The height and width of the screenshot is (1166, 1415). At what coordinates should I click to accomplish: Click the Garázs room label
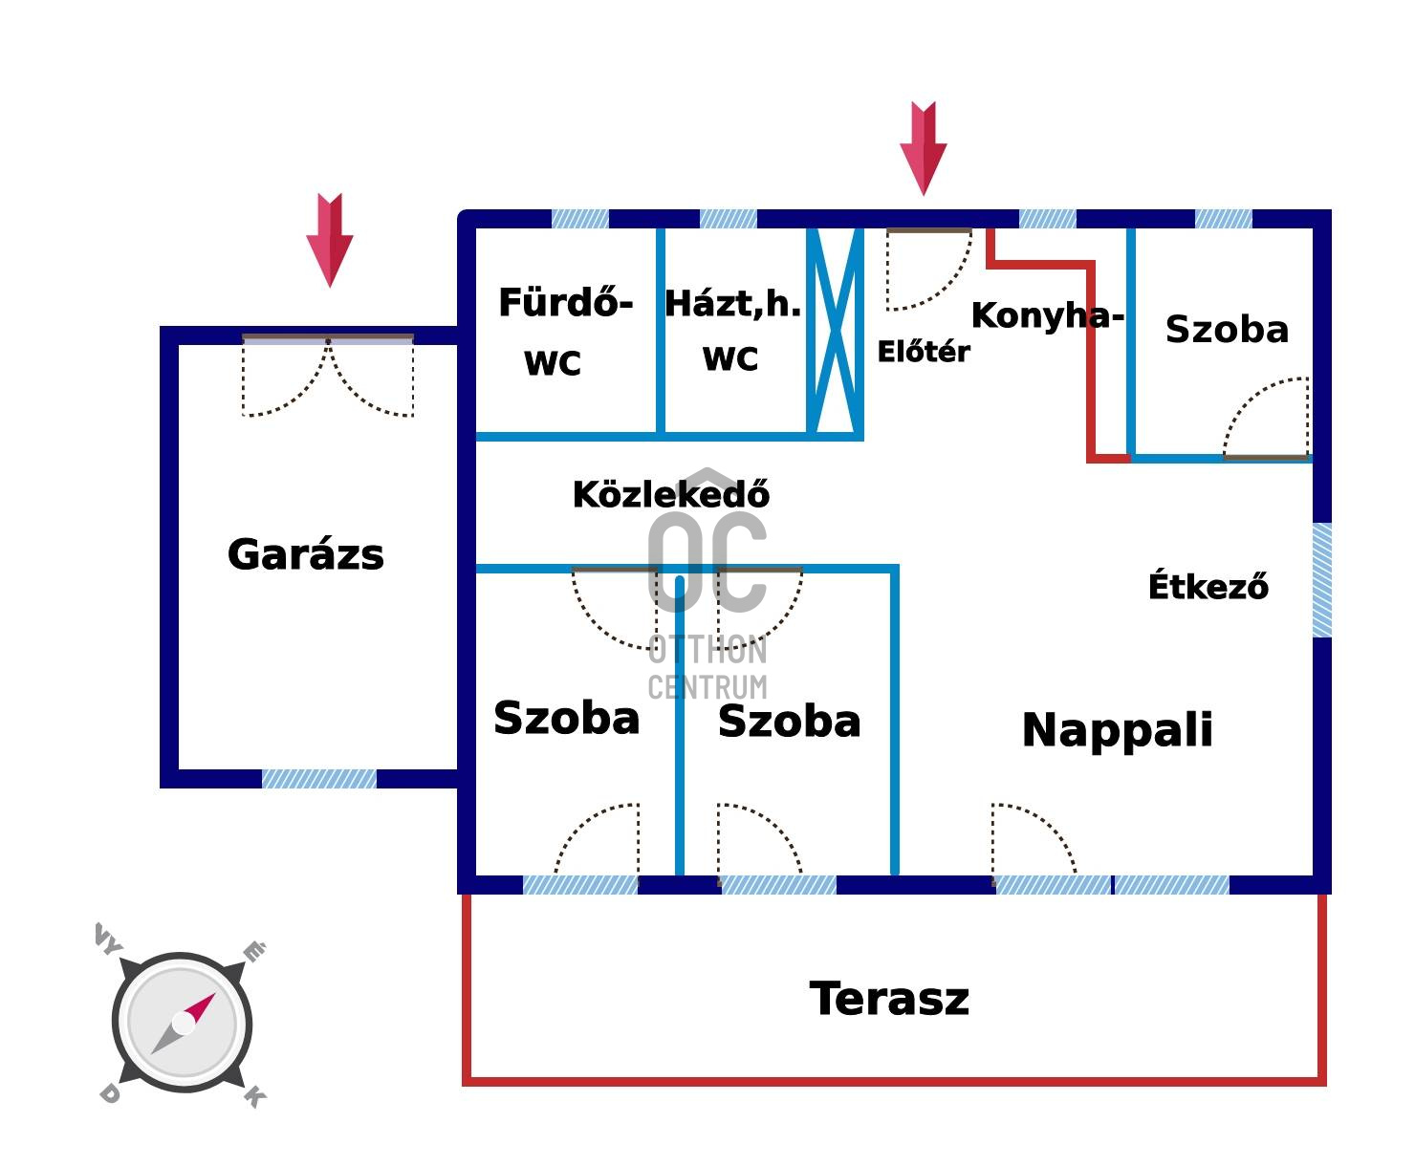pyautogui.click(x=306, y=555)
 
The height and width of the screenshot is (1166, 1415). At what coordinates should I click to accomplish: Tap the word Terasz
pyautogui.click(x=889, y=999)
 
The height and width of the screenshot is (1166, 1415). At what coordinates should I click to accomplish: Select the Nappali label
pyautogui.click(x=1117, y=730)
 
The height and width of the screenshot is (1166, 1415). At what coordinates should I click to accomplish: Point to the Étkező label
pyautogui.click(x=1208, y=586)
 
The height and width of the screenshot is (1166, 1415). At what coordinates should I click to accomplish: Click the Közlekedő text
pyautogui.click(x=670, y=495)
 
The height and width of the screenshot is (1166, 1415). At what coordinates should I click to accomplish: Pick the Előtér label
pyautogui.click(x=923, y=352)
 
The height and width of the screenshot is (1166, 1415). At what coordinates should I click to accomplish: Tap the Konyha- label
pyautogui.click(x=1047, y=315)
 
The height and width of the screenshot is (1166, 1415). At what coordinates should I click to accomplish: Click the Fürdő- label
pyautogui.click(x=565, y=304)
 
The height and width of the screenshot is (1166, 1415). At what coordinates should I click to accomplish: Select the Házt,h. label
pyautogui.click(x=732, y=304)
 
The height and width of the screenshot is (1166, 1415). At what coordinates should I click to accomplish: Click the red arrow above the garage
pyautogui.click(x=330, y=239)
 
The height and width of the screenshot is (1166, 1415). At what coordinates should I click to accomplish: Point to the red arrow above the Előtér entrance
pyautogui.click(x=924, y=148)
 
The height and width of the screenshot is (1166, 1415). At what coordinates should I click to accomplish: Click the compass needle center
pyautogui.click(x=183, y=1023)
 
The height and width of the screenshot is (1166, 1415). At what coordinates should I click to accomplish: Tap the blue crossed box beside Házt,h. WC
pyautogui.click(x=836, y=332)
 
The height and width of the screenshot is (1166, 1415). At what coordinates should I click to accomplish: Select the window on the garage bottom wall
pyautogui.click(x=319, y=779)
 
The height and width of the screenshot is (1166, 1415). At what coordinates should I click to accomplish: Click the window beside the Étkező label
pyautogui.click(x=1321, y=579)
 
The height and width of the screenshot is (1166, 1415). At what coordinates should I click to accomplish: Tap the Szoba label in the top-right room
pyautogui.click(x=1227, y=330)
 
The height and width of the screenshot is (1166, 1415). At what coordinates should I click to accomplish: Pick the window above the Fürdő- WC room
pyautogui.click(x=580, y=219)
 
